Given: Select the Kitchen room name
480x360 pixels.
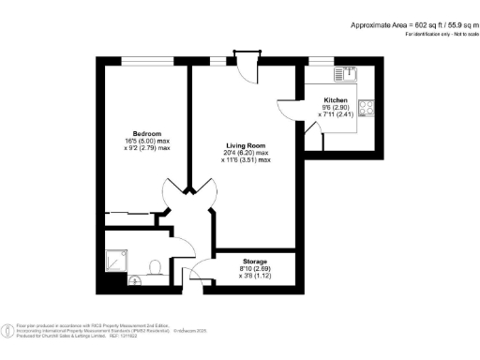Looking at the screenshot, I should click(336, 100).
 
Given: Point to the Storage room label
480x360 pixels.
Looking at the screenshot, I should click(255, 262).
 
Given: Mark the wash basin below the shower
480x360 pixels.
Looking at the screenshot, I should click(133, 279).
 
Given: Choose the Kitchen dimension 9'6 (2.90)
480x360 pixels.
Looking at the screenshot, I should click(335, 109).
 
